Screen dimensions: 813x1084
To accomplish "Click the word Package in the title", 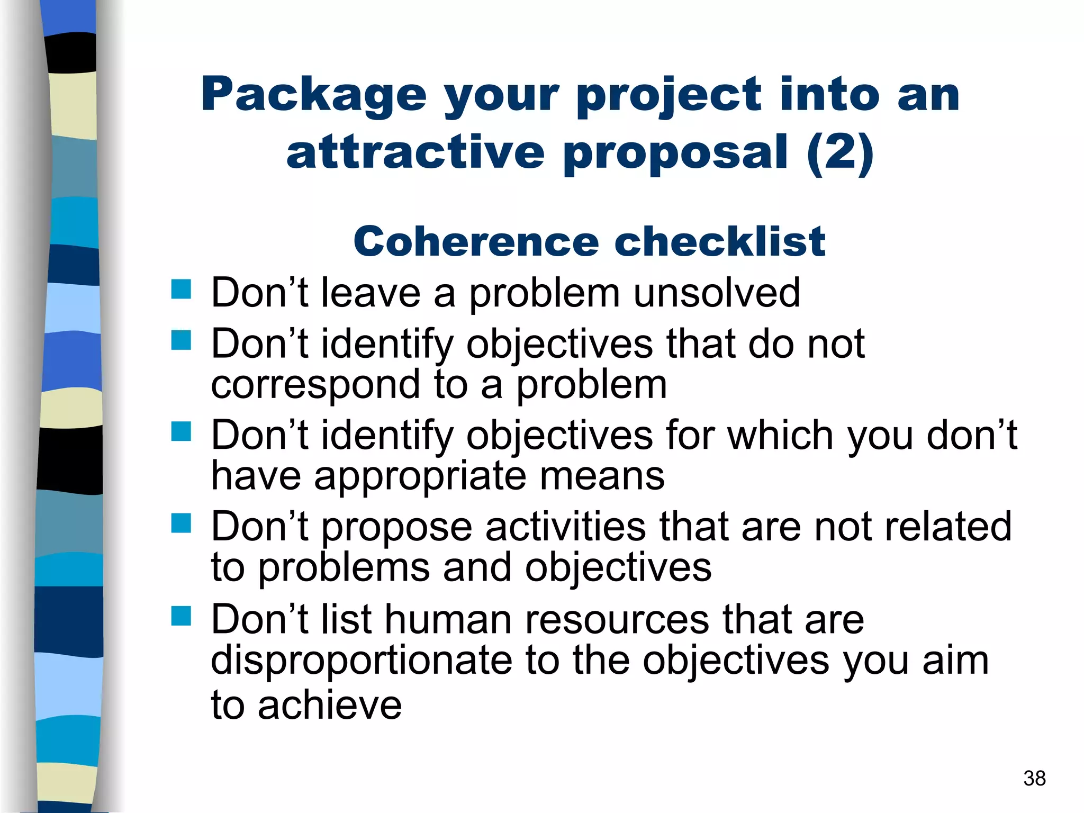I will click(x=313, y=95).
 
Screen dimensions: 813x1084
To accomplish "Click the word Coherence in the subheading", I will click(x=476, y=242).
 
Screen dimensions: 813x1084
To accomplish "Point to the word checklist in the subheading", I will click(x=719, y=242).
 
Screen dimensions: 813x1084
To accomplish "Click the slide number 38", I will click(x=1034, y=779).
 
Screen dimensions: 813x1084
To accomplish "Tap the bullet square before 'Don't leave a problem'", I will click(x=181, y=290).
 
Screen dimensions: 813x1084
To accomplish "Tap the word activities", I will click(x=565, y=527).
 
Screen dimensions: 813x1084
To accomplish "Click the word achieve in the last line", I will click(x=330, y=706).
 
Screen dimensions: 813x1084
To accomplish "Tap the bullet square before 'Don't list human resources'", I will click(x=181, y=616).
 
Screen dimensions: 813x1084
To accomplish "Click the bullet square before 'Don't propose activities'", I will click(x=181, y=523).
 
